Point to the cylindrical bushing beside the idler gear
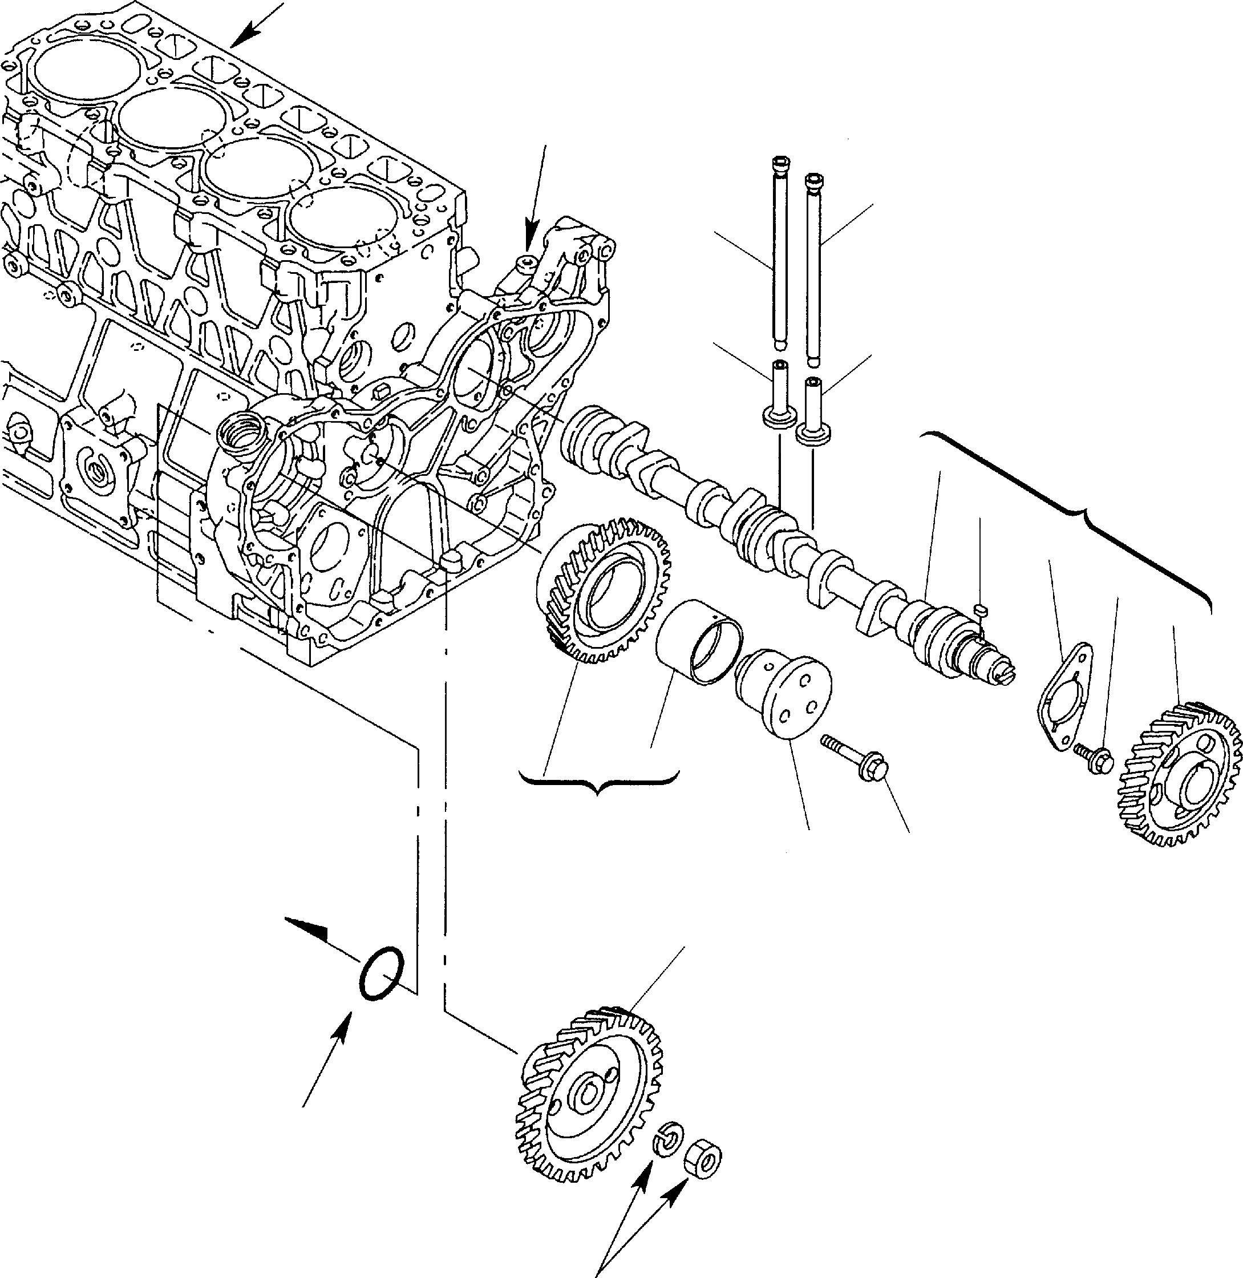699,643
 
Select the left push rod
780,254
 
